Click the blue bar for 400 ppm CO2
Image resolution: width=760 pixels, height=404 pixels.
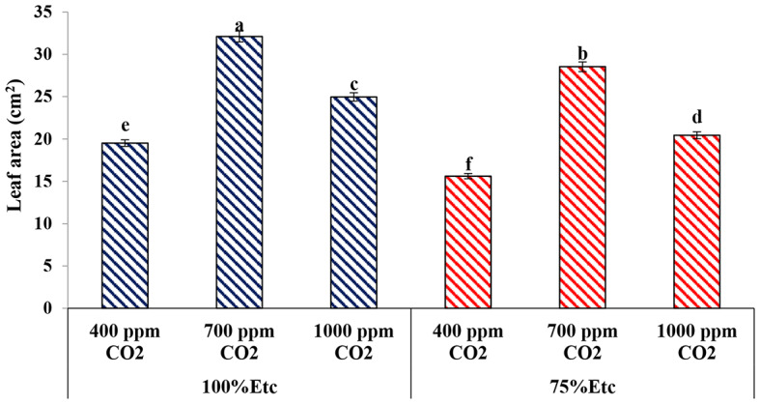(125, 226)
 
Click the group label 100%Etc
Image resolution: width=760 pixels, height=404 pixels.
(239, 386)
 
